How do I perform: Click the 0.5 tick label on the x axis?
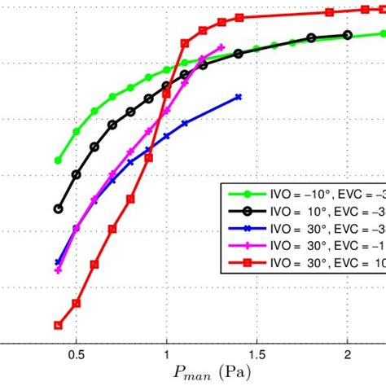tap(76, 355)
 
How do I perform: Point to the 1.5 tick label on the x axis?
tap(257, 355)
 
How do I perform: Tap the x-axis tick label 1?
tap(166, 355)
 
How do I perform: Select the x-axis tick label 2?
tap(348, 355)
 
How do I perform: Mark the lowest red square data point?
tap(58, 325)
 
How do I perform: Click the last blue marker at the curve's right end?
tap(239, 96)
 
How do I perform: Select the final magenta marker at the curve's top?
tap(221, 47)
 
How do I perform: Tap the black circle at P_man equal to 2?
tap(348, 35)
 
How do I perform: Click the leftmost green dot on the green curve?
tap(58, 160)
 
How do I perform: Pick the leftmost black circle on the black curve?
tap(58, 208)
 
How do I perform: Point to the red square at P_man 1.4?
tap(239, 17)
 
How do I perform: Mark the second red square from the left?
tap(76, 303)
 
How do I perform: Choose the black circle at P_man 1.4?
tap(239, 54)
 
